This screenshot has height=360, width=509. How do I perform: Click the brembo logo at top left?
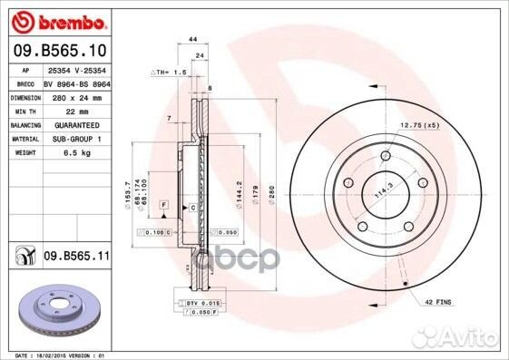(x=57, y=19)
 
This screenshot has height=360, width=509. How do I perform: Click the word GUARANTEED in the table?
(x=73, y=124)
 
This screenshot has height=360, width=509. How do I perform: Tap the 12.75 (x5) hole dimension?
(x=420, y=124)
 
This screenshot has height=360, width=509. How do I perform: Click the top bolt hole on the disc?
(x=386, y=157)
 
